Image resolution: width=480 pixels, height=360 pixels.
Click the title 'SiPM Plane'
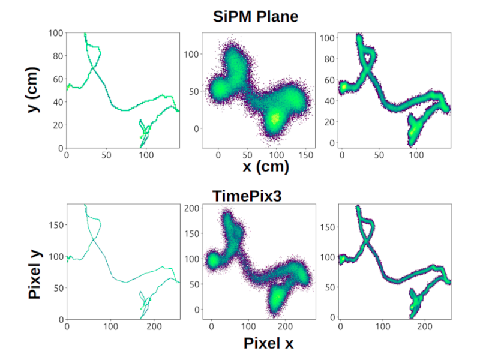tap(255, 16)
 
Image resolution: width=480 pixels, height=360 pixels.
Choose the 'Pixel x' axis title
tap(268, 343)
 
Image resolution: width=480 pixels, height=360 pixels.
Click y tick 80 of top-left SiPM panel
tap(58, 56)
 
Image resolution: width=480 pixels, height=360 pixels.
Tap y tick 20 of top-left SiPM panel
tap(58, 125)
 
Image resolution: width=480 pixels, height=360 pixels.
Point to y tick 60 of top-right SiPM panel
tap(329, 79)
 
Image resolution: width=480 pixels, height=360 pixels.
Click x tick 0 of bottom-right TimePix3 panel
tap(341, 326)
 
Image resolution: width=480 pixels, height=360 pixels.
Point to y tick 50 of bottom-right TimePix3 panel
tap(329, 287)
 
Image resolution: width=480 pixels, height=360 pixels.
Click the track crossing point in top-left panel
tap(94, 68)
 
